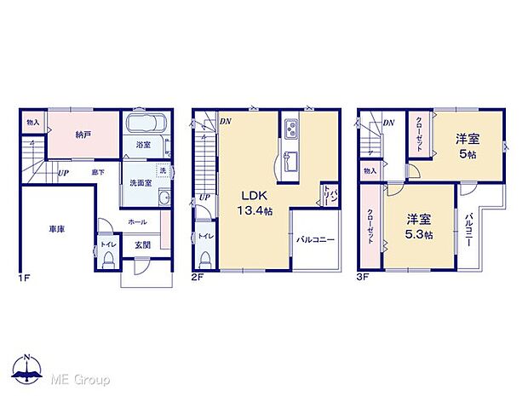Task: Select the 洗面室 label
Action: point(141,181)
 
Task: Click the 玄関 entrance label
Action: point(142,244)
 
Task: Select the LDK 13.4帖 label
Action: point(254,202)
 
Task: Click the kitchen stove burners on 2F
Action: point(291,130)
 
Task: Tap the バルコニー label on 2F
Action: point(315,240)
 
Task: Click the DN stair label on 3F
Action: point(388,123)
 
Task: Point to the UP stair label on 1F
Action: point(63,173)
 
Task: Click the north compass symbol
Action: point(27,367)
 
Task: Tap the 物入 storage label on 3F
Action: point(370,171)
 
